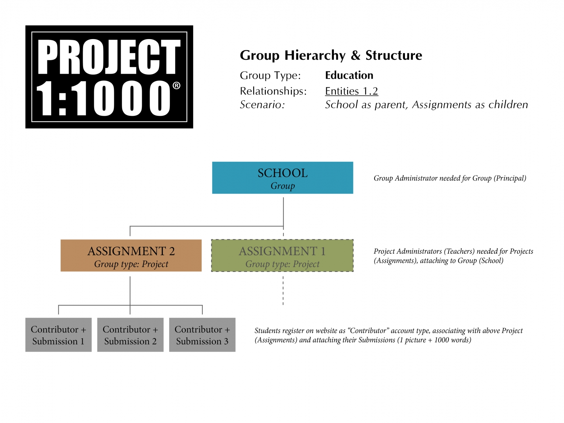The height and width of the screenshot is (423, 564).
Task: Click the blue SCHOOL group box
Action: click(x=282, y=178)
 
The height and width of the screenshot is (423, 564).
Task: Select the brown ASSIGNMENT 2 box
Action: click(x=131, y=256)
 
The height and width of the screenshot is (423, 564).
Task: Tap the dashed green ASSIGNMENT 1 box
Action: click(x=282, y=256)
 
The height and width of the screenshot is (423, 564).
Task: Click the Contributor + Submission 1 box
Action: click(x=58, y=335)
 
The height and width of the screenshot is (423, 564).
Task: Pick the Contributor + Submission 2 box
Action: click(x=130, y=335)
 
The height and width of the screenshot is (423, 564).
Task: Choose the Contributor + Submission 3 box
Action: click(x=202, y=335)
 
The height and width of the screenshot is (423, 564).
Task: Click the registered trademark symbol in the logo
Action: click(x=176, y=86)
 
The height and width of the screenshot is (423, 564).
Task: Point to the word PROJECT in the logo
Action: click(x=109, y=57)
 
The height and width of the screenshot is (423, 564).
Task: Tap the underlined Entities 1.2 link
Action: click(x=352, y=91)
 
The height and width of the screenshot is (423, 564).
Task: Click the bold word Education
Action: click(x=349, y=75)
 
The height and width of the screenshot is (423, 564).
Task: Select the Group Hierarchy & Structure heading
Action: click(x=331, y=55)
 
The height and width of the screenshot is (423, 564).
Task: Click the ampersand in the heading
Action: click(x=355, y=56)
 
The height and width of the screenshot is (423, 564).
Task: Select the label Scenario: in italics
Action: click(x=262, y=105)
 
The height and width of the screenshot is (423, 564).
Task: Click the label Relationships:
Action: click(x=273, y=91)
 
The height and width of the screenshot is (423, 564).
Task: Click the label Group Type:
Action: click(x=270, y=76)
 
